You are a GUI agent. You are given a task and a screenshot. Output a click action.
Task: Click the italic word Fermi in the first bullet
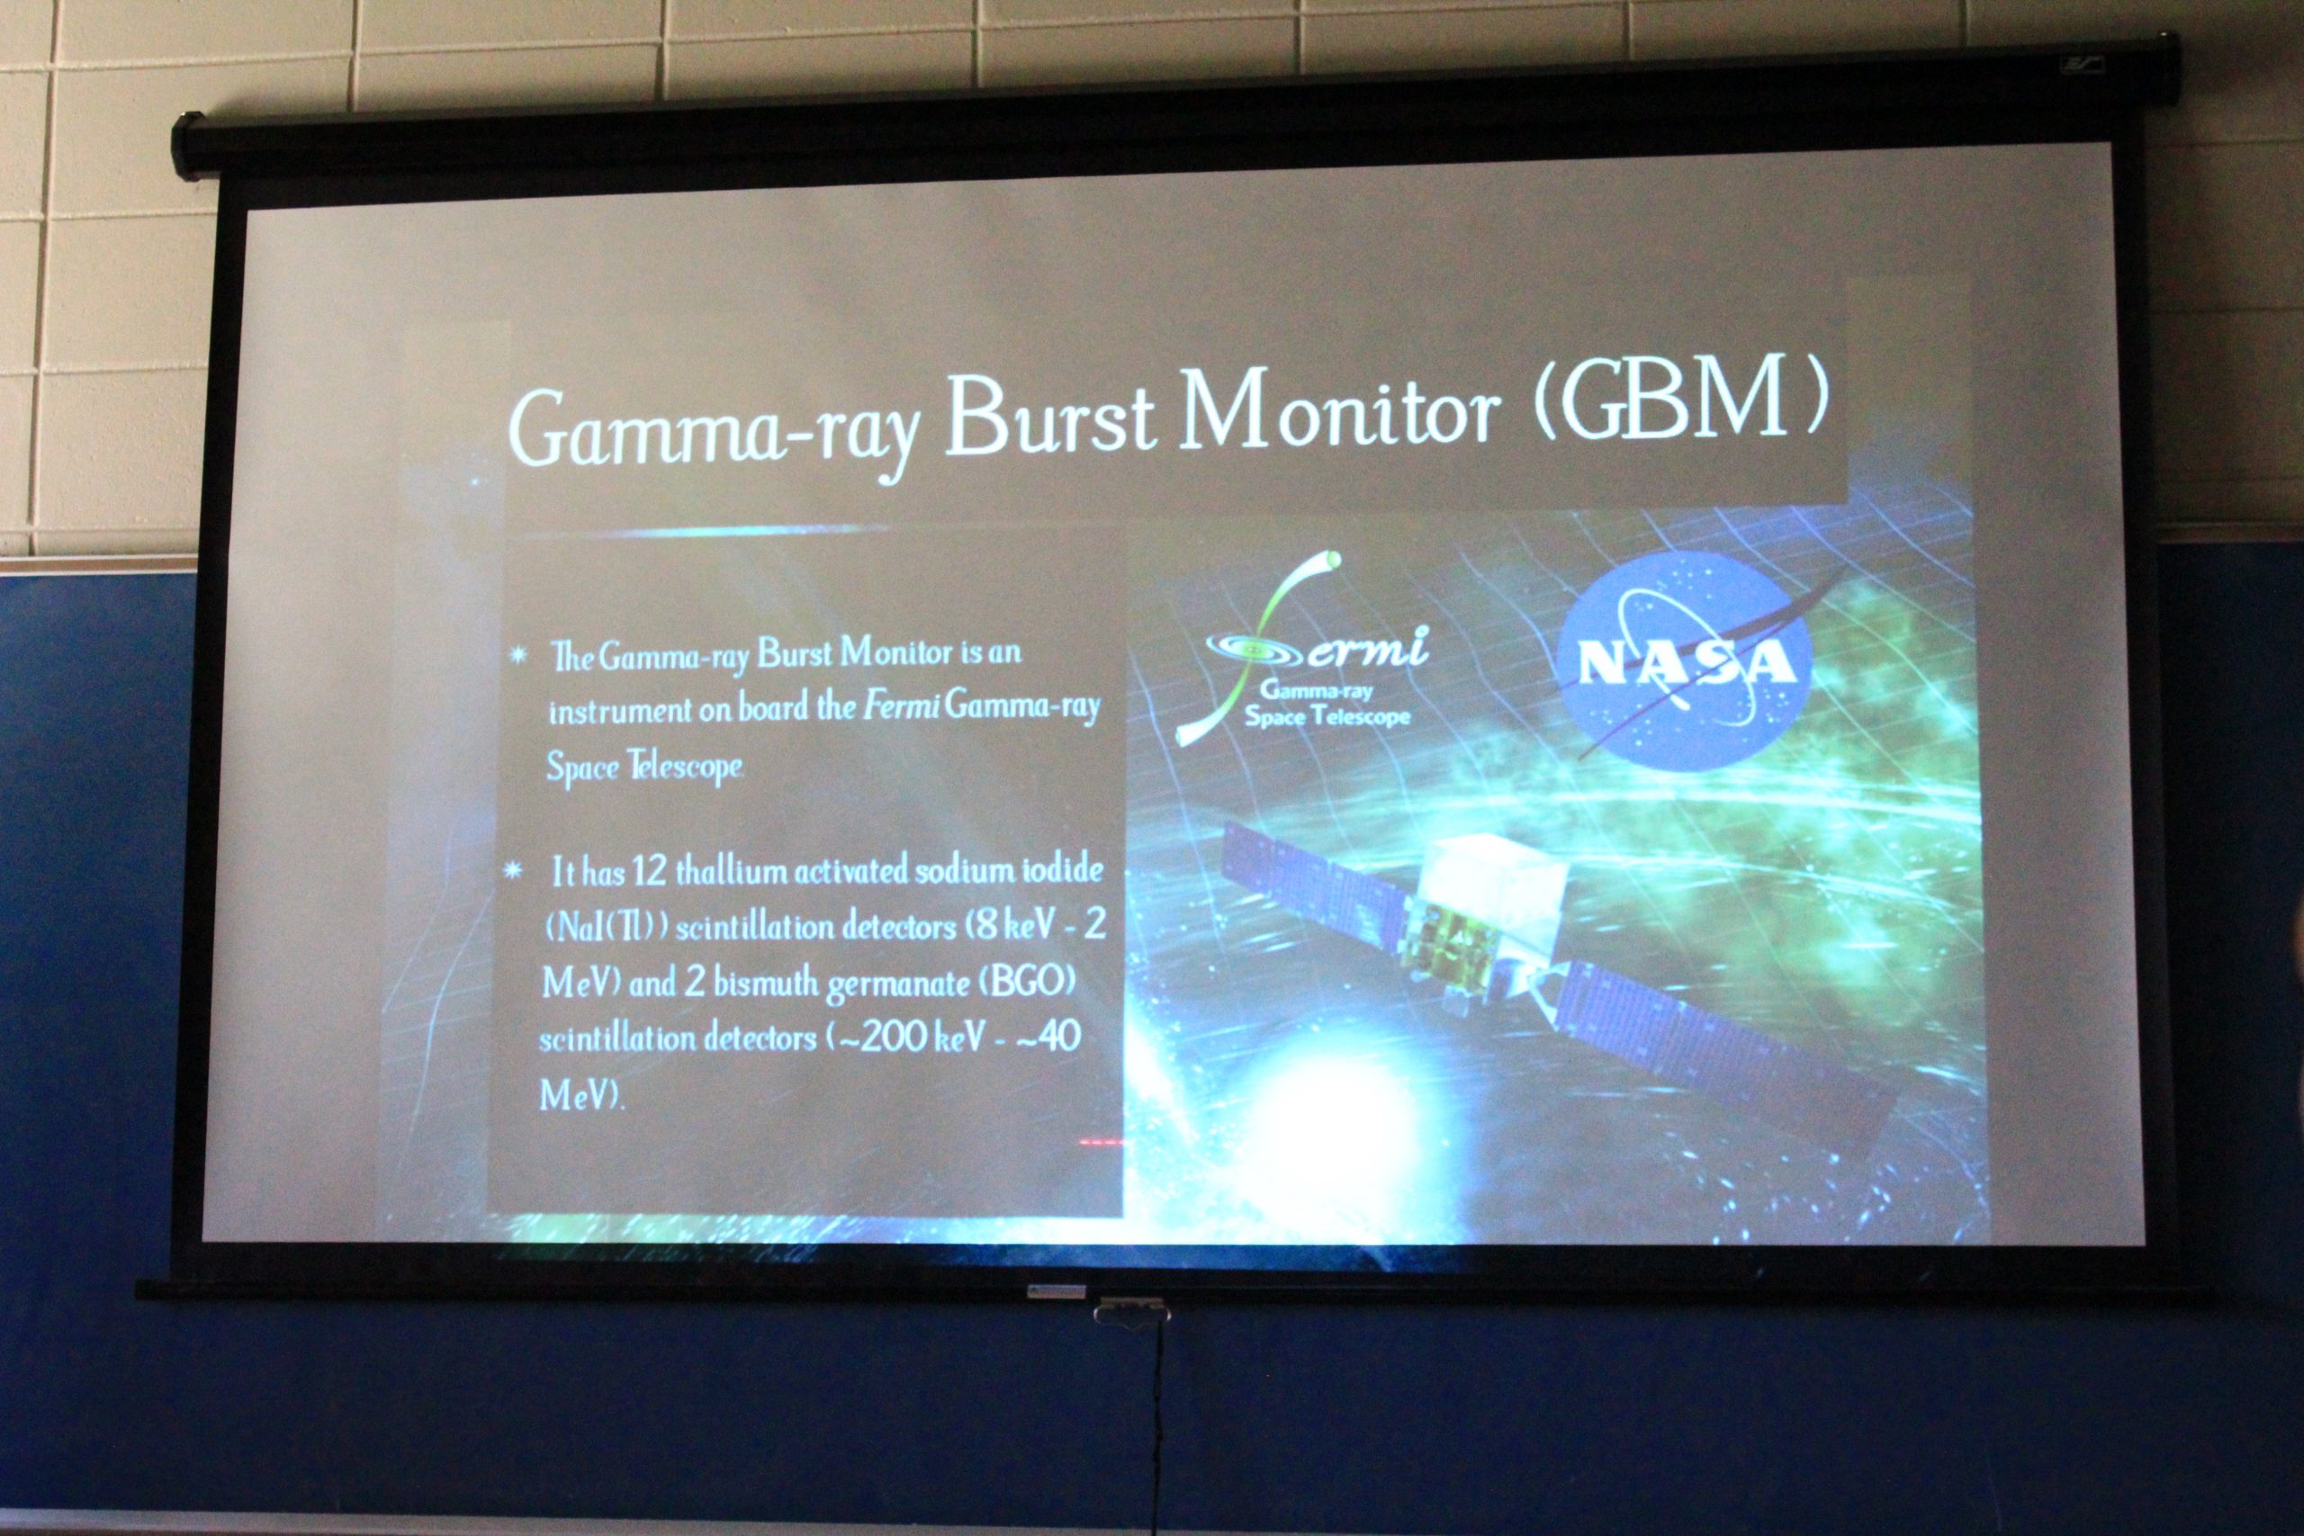click(901, 705)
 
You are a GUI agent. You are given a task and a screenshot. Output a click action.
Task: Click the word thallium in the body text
click(731, 871)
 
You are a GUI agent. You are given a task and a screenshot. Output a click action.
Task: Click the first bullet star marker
click(519, 654)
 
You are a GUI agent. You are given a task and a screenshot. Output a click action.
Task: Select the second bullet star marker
click(511, 870)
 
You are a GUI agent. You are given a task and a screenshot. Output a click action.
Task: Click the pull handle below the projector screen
click(1131, 1310)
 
